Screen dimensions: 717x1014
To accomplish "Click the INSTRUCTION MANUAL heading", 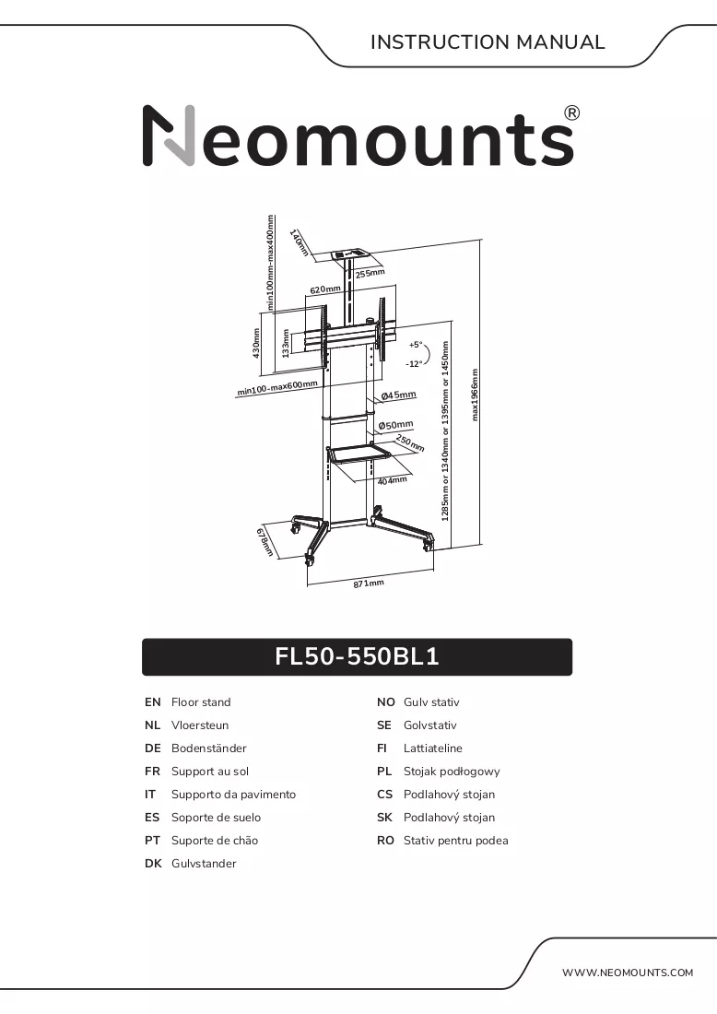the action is tap(488, 42).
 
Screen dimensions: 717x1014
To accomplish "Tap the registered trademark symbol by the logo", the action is tap(572, 113).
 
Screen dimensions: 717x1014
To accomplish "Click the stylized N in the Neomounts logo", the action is tap(169, 136).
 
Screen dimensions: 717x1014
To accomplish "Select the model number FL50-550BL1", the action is tap(358, 656).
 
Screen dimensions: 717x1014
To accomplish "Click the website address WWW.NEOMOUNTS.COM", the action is tap(627, 973).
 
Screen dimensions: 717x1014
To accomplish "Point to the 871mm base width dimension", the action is tap(369, 584).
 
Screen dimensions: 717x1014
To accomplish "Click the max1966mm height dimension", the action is tap(476, 395).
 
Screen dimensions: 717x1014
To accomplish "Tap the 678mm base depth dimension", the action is tap(265, 543).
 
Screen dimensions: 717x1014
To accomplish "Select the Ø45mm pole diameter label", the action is tap(398, 395).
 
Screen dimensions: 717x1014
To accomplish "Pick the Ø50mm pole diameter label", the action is tap(395, 425).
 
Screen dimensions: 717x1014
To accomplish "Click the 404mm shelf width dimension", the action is tap(392, 480).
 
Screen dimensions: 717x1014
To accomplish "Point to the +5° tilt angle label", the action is tap(415, 345).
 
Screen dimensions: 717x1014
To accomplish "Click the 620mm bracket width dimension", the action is tap(325, 289).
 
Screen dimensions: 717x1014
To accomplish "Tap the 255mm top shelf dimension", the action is tap(370, 274).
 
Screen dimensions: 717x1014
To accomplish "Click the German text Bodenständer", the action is tap(209, 749).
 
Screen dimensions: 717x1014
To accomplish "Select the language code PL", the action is tap(384, 772).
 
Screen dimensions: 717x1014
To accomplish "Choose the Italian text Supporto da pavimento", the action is tap(233, 795).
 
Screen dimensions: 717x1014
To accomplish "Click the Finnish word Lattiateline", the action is tap(432, 749).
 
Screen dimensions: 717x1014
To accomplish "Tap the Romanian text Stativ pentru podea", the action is tap(456, 841).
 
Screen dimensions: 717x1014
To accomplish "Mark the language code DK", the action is tap(153, 864).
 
